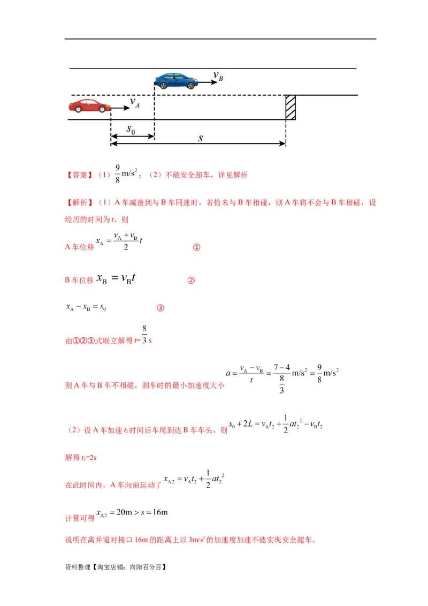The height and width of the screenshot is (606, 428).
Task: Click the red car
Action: point(89,106)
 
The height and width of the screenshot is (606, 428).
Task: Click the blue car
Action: point(177,81)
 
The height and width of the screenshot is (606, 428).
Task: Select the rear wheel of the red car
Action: point(78,110)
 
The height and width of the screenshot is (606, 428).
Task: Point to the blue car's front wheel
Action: point(190,85)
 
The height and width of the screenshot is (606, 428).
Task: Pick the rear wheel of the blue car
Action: point(163,85)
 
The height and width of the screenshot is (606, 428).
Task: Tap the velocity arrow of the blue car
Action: point(205,83)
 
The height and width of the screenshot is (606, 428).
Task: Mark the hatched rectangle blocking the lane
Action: point(291,107)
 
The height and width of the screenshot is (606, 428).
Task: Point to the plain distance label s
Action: point(200,138)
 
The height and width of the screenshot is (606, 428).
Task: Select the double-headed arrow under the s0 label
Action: point(132,137)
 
